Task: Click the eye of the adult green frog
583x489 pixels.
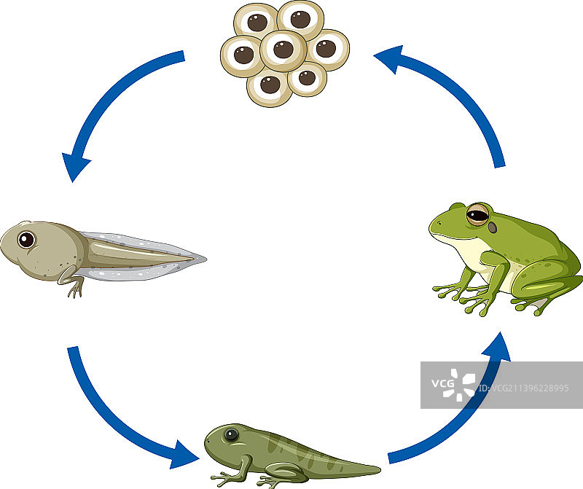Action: point(478,214)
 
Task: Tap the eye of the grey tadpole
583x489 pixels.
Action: point(27,239)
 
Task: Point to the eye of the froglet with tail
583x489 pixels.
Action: point(231,436)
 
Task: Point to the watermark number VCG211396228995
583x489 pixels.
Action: point(530,388)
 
